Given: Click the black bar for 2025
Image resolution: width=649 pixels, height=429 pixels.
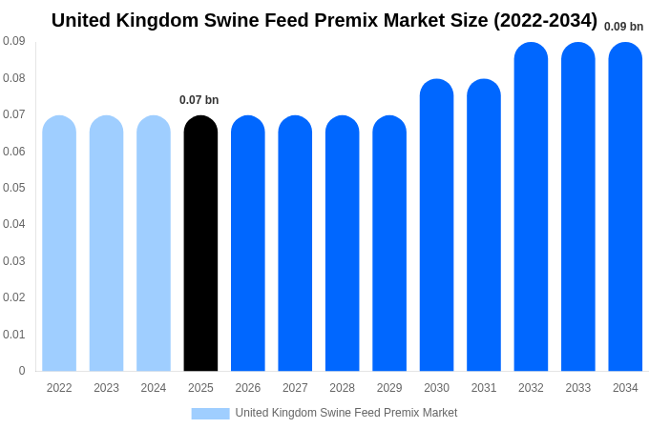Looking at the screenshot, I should (x=200, y=243).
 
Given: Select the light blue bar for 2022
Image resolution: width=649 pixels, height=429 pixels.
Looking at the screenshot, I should (x=59, y=243).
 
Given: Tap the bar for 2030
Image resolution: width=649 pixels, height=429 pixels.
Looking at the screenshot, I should (x=436, y=225).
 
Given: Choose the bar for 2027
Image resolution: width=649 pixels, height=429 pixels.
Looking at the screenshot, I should (x=295, y=243).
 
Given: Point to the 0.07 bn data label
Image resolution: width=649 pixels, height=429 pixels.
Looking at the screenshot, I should (x=199, y=100).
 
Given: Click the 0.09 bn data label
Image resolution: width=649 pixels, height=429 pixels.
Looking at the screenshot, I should (x=623, y=27).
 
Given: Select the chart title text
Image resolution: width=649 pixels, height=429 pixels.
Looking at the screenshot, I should (x=324, y=20).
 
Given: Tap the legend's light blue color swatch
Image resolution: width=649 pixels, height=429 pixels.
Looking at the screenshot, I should (x=210, y=413).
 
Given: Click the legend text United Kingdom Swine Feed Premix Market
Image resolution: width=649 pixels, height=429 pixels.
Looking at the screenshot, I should (x=346, y=413).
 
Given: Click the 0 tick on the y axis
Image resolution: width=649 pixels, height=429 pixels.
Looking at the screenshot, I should (x=22, y=371).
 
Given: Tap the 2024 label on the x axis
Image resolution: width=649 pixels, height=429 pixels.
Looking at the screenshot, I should (x=154, y=388).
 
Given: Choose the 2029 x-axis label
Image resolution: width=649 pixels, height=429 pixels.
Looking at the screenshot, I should (x=389, y=388).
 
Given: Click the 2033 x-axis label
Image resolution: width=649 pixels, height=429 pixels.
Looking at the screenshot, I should (x=578, y=388).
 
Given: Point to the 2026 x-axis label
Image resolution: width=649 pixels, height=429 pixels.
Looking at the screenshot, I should (x=248, y=388).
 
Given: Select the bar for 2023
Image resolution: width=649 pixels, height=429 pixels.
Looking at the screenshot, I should (x=106, y=243).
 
